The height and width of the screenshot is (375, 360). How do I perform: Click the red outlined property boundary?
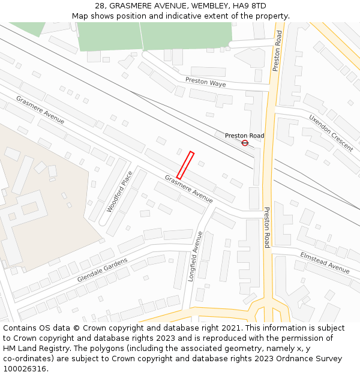click(185, 166)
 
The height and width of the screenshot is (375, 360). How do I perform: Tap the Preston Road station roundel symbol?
click(245, 143)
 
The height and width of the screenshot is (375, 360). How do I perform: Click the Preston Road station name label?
click(244, 136)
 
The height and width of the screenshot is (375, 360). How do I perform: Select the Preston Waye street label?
click(205, 83)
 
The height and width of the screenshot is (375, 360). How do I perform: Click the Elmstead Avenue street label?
click(325, 262)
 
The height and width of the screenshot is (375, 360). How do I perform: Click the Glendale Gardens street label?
click(102, 270)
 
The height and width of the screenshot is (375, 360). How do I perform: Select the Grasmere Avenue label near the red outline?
click(189, 188)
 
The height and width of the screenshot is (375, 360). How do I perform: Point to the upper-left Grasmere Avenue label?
click(40, 110)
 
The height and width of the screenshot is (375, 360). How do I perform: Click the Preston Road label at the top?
click(277, 50)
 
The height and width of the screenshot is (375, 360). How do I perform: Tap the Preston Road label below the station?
click(267, 227)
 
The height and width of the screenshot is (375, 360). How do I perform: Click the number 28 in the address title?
click(100, 6)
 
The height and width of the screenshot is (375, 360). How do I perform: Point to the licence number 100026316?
click(25, 369)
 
